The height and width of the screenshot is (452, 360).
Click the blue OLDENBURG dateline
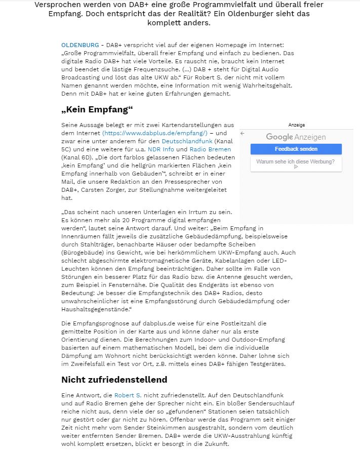click(80, 45)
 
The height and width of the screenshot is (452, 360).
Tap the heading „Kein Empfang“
click(97, 110)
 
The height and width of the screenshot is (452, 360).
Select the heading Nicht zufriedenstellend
click(114, 380)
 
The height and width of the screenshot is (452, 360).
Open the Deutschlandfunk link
click(187, 141)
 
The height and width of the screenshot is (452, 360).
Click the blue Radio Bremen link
click(210, 149)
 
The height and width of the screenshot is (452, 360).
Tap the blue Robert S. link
click(128, 395)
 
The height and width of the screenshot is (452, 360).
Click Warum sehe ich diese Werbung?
click(296, 162)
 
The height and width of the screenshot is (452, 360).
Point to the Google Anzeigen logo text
click(296, 137)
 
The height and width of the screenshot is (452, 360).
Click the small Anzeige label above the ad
click(296, 125)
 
